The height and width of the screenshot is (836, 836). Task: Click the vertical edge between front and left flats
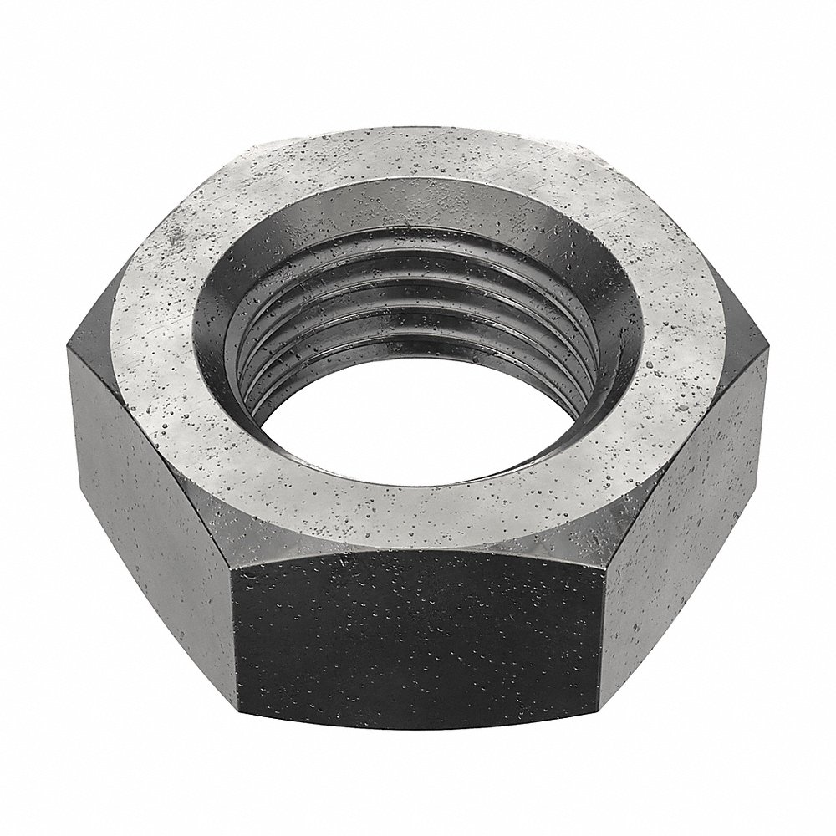click(236, 635)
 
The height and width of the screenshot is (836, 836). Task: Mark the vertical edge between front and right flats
click(600, 635)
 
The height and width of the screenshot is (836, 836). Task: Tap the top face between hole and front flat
click(418, 518)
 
